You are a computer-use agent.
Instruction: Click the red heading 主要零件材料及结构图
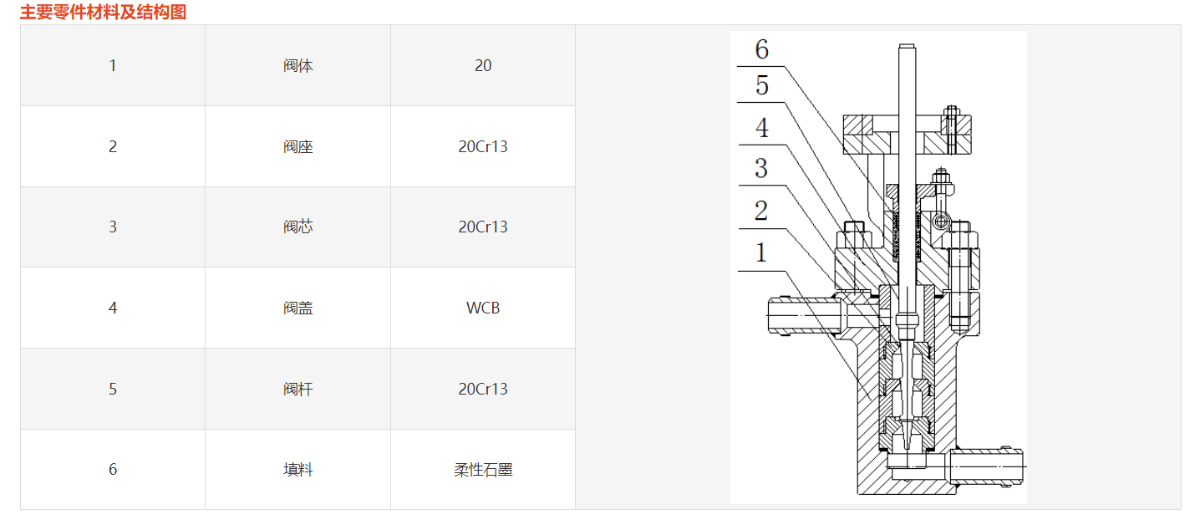coord(103,12)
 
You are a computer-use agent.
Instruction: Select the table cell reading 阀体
coord(297,65)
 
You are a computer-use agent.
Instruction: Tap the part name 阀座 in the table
coord(297,146)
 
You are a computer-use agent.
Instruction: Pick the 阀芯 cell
coord(297,227)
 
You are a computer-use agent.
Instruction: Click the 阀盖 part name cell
coord(297,308)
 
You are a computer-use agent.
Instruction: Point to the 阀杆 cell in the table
coord(297,389)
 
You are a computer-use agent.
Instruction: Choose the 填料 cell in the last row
coord(297,469)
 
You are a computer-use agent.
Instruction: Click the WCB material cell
coord(483,308)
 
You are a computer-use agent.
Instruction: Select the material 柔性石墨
coord(483,469)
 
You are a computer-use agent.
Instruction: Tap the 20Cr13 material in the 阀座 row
coord(483,146)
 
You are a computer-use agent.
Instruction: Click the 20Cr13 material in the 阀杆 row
coord(483,389)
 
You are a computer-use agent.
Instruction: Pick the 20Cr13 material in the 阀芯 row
coord(483,227)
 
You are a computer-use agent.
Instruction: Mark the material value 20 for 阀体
coord(483,65)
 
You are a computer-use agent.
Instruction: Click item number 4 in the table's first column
coord(113,308)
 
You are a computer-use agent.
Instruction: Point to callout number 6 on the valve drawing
coord(761,50)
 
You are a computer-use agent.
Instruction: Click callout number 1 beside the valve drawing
coord(760,252)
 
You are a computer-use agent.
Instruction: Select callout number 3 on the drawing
coord(760,168)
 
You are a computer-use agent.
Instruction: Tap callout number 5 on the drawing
coord(761,85)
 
